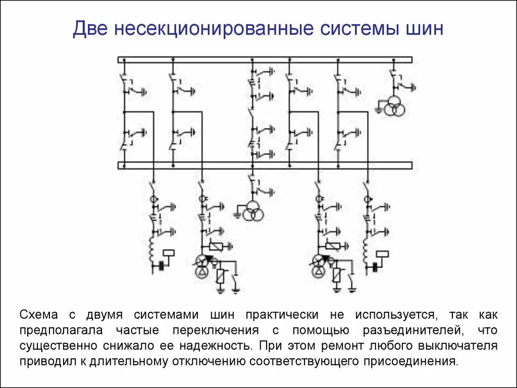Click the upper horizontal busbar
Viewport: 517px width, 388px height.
pyautogui.click(x=265, y=60)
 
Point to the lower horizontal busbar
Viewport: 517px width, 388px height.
pyautogui.click(x=265, y=165)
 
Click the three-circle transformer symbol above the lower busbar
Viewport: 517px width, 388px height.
pyautogui.click(x=394, y=108)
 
